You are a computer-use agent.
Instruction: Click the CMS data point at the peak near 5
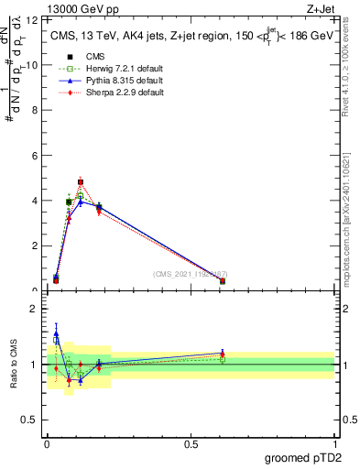click(81, 182)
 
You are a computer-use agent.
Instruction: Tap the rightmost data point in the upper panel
click(223, 281)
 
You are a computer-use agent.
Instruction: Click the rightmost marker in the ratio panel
click(223, 354)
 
